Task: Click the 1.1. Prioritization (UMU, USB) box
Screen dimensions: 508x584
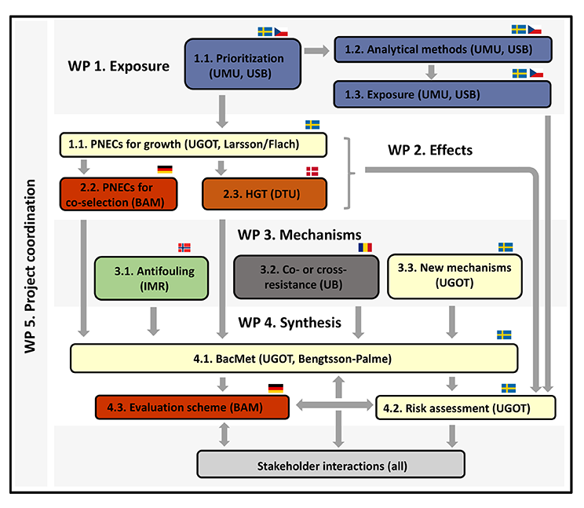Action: pos(239,64)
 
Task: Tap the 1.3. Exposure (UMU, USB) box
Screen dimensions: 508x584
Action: pos(443,94)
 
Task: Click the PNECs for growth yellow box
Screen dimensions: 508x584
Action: pos(192,144)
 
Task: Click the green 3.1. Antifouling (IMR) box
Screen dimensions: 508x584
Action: pos(151,277)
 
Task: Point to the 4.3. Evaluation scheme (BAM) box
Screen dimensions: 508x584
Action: pos(192,407)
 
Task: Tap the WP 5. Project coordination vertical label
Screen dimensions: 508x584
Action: pos(31,267)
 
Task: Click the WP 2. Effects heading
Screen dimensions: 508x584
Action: pos(430,149)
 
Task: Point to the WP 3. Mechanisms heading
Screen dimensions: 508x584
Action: pos(299,234)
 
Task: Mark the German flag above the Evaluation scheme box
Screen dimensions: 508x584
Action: pos(276,387)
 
